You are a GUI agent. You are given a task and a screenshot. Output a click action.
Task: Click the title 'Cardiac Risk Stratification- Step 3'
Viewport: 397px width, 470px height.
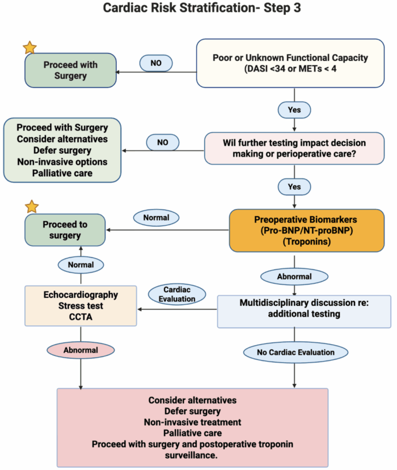[198, 10]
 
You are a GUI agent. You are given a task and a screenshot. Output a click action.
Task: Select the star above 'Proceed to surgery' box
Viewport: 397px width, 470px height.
[32, 207]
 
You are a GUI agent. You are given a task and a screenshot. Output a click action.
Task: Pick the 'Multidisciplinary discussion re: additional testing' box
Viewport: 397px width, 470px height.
[304, 311]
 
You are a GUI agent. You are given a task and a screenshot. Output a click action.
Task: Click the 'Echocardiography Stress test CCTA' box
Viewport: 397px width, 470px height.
[81, 305]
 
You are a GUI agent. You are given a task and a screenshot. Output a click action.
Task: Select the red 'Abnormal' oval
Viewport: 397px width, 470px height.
[80, 350]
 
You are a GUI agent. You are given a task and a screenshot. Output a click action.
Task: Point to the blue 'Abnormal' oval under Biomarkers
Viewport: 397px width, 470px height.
[294, 276]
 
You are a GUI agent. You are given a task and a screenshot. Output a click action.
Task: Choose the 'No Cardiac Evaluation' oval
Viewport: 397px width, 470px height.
[294, 352]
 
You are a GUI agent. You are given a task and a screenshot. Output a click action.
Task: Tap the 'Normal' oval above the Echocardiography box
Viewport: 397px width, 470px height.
[80, 264]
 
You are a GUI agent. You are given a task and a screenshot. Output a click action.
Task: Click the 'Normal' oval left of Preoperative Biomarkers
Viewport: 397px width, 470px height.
[156, 217]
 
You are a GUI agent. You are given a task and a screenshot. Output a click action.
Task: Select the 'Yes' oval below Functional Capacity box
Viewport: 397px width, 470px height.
[294, 110]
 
